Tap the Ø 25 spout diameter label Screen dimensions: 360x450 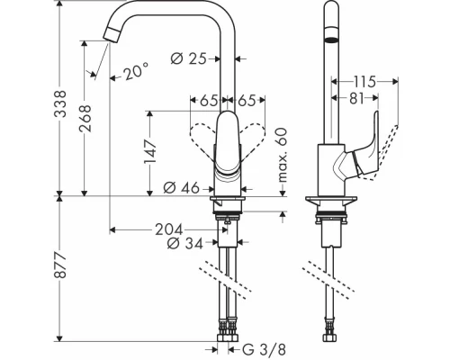tap(190, 58)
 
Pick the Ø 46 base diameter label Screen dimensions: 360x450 tap(183, 187)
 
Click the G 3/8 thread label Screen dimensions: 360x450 tap(262, 347)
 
